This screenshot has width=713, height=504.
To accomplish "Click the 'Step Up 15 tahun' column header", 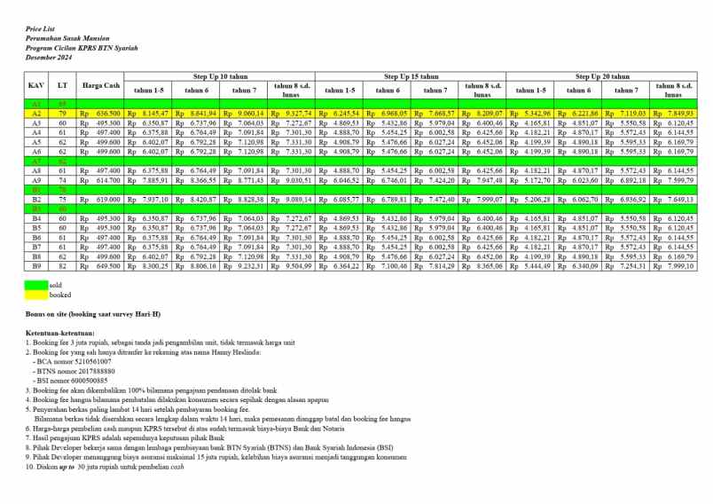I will pos(411,77).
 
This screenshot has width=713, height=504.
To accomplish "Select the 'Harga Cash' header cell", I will pos(100,86).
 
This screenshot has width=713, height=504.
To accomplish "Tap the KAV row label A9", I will pos(37,180).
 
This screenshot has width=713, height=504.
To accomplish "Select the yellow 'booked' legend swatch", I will pos(35,294).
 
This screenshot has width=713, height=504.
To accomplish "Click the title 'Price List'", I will pos(39,29).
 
